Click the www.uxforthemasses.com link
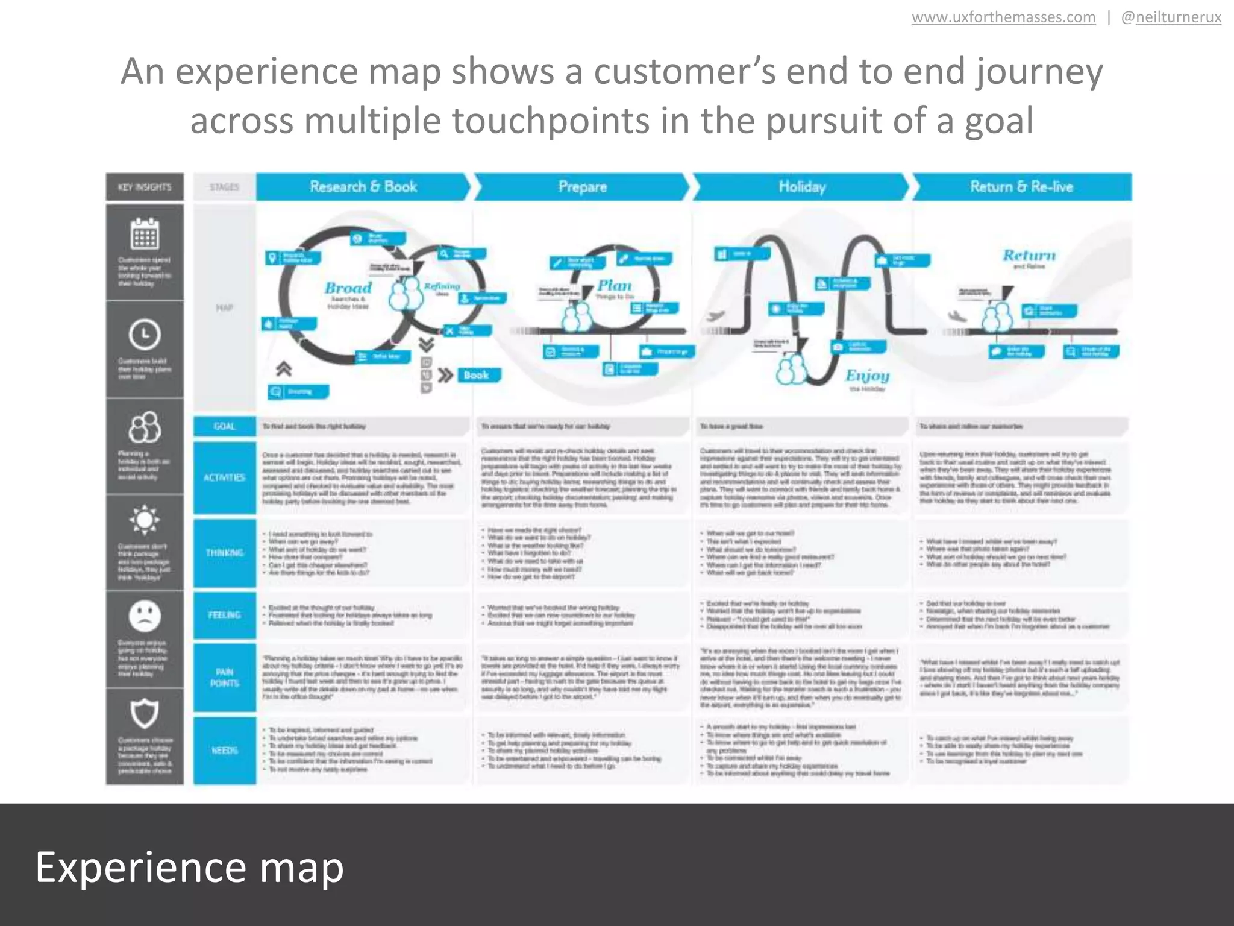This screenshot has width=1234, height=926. [1003, 17]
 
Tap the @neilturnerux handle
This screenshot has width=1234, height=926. [1171, 17]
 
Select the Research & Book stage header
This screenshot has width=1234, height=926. [363, 186]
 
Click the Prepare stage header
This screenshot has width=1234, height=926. [582, 186]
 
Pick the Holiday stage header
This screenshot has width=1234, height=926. [801, 186]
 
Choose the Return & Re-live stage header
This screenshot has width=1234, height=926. [1021, 186]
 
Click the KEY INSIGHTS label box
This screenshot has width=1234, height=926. [145, 187]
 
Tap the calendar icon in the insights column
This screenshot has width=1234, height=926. [145, 234]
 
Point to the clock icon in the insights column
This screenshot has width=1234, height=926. [145, 334]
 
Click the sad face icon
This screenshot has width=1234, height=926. [145, 616]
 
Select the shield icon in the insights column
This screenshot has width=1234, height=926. [145, 714]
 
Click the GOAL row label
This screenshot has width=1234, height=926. [224, 426]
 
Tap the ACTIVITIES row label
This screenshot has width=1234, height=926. [224, 477]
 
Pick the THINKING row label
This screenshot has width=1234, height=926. [224, 553]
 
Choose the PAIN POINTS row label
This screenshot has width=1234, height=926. [224, 678]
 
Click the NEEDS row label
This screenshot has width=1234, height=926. [224, 750]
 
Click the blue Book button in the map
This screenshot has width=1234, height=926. [476, 375]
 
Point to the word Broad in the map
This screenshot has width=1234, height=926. [348, 288]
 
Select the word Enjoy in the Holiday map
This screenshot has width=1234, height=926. [867, 376]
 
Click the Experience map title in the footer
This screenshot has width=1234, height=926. [189, 867]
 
